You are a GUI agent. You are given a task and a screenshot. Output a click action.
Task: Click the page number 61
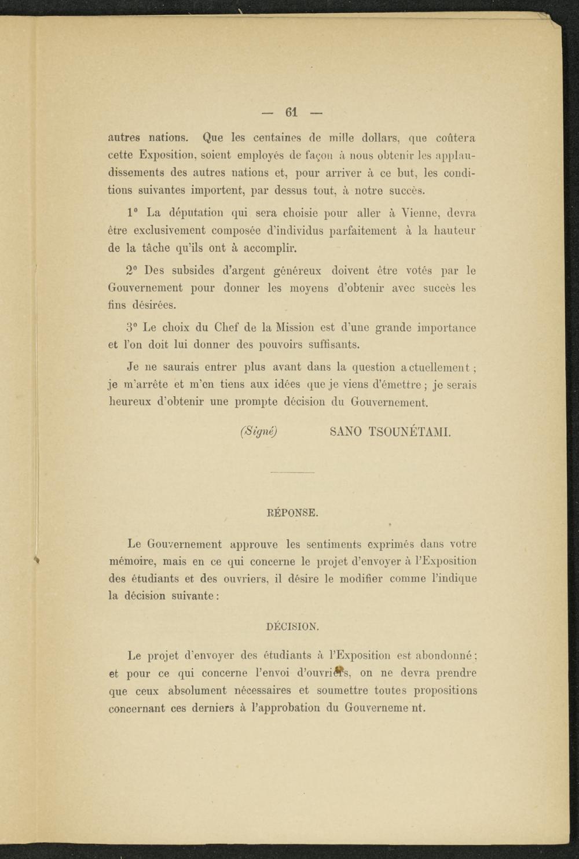tap(291, 112)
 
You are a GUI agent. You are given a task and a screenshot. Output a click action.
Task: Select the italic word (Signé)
tap(259, 431)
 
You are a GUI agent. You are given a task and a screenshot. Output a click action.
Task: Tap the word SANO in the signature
tap(345, 432)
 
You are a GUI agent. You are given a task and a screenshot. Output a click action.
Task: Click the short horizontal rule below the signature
tap(292, 473)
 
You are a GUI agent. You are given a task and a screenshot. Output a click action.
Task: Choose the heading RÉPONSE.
tap(292, 513)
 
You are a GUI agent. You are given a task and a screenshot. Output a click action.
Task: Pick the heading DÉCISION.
tap(292, 626)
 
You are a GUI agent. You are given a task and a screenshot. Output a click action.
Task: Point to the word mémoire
tap(132, 562)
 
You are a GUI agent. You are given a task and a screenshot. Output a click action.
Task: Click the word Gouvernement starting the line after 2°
tap(145, 287)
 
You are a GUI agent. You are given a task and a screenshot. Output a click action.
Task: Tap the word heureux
tap(130, 402)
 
